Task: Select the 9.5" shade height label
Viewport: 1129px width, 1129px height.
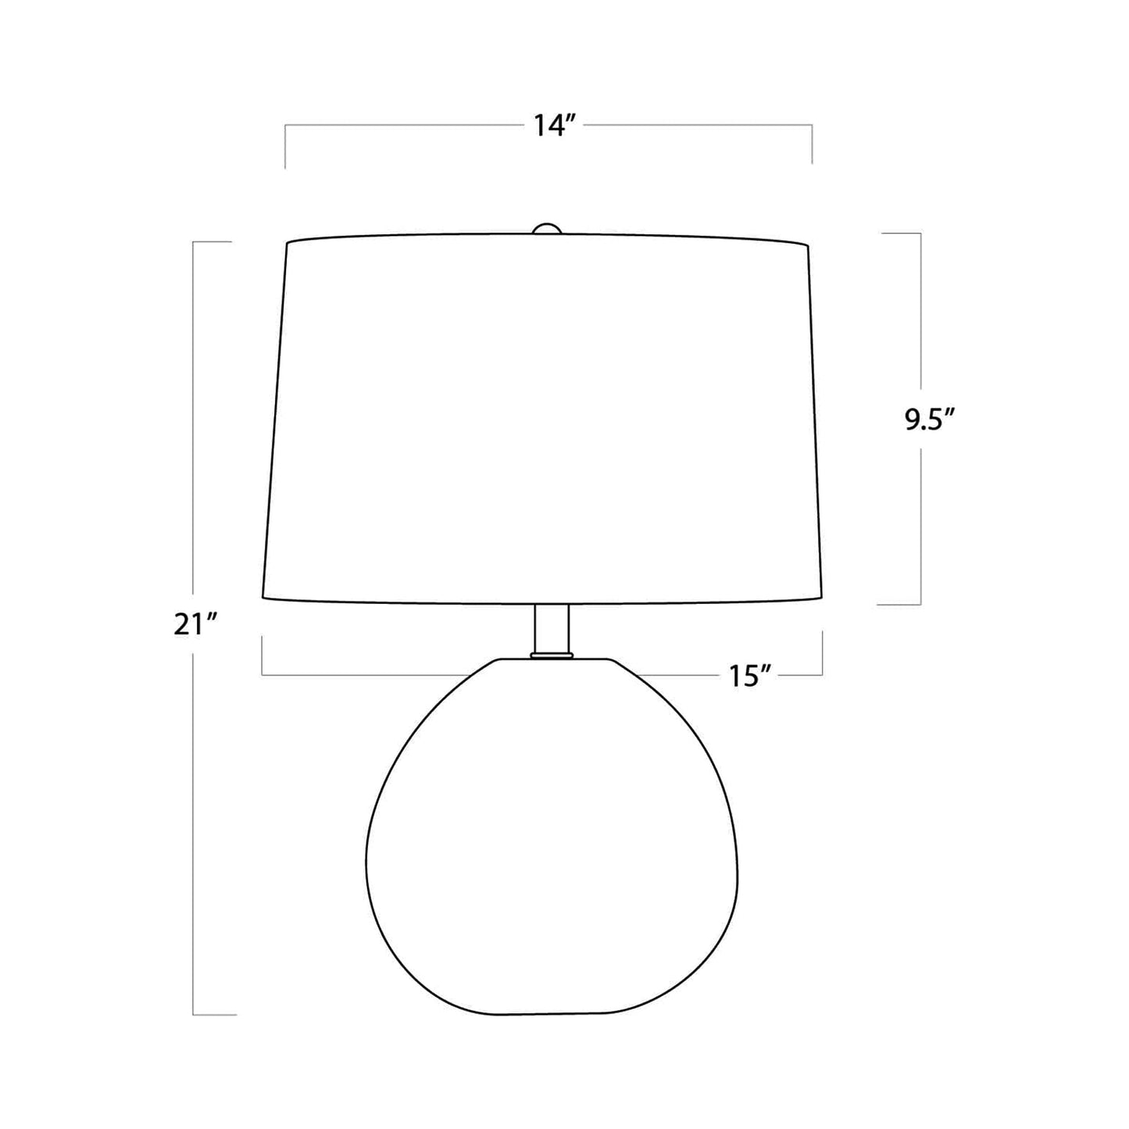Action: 930,421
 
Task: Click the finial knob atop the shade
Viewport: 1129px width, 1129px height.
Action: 547,228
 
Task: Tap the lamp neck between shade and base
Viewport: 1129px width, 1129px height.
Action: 552,628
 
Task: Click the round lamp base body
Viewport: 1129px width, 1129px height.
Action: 552,844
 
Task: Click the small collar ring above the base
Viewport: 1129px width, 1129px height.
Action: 552,655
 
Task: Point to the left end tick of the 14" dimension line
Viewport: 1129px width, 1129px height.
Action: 285,146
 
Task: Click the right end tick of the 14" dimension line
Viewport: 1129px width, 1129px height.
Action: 813,144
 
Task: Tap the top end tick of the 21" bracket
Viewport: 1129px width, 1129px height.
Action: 213,242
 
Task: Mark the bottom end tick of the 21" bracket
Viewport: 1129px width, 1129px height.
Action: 215,1015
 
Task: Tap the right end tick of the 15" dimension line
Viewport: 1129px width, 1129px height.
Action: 822,655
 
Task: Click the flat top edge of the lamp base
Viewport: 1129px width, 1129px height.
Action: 552,659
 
